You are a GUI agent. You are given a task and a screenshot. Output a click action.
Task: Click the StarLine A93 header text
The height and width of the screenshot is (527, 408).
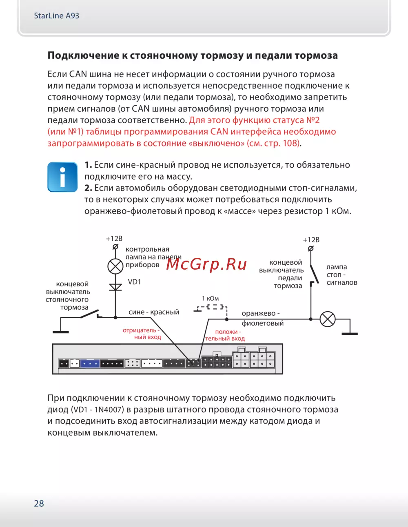point(56,16)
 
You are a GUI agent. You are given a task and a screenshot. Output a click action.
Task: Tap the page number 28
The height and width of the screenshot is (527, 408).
point(39,503)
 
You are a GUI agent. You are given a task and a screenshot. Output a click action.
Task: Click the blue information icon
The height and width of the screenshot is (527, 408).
point(62,177)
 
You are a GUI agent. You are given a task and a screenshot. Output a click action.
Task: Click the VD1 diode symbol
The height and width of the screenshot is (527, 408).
point(115,287)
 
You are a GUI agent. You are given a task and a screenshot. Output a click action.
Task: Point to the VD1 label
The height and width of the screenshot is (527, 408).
point(134,282)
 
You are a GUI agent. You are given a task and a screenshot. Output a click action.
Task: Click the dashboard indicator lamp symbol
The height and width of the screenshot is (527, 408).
point(115,266)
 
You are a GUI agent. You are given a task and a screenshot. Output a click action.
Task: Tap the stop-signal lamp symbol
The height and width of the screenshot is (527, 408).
point(327,319)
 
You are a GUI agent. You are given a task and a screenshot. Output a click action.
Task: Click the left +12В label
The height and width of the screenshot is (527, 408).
point(114,239)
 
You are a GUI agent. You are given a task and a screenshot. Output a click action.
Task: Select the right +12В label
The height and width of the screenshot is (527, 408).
point(311,240)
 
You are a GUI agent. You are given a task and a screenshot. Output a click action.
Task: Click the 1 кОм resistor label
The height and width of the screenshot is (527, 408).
point(211,299)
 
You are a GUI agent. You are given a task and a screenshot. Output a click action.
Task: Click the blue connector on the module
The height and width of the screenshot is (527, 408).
point(90,363)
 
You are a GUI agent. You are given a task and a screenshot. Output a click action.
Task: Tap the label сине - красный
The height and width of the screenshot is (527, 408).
point(154,312)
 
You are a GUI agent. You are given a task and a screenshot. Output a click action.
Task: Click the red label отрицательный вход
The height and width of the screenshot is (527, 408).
point(142,334)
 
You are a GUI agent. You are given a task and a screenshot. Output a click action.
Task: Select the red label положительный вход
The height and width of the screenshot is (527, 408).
point(225,335)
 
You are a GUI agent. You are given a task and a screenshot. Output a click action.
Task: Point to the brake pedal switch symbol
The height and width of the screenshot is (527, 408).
point(313,273)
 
